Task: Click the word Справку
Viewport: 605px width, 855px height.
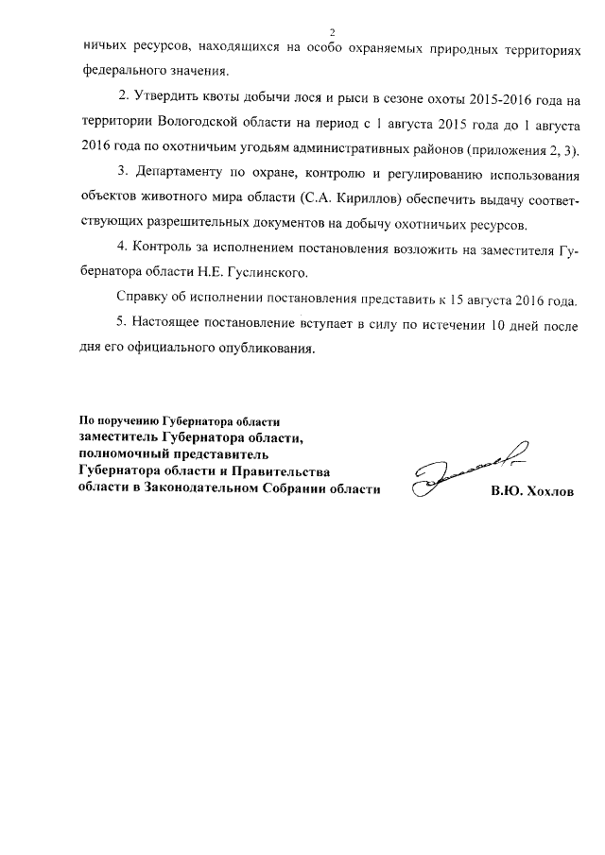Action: point(143,299)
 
